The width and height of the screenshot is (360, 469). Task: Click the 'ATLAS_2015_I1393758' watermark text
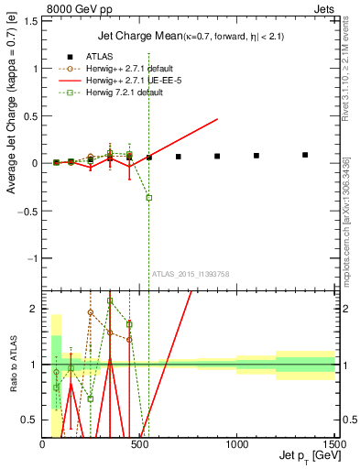(191, 274)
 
